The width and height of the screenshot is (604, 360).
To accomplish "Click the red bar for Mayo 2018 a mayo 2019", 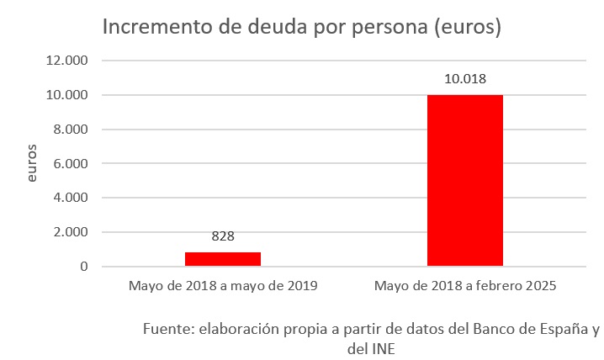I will [222, 259].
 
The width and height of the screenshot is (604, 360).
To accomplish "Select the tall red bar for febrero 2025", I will [464, 181].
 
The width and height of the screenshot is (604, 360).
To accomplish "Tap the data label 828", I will [223, 237].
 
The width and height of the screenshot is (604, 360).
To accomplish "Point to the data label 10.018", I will [465, 80].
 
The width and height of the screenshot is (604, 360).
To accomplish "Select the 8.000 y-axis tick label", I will [74, 130].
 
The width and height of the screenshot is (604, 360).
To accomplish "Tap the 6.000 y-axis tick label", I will [74, 164].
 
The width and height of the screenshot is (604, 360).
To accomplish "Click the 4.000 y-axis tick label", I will [74, 198].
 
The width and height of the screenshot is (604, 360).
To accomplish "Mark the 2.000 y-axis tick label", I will [74, 232].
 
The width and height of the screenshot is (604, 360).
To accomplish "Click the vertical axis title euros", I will [32, 164].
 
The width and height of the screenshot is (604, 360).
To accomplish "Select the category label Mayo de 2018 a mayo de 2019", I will [222, 286].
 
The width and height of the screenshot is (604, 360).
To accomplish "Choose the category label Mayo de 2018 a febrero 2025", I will [464, 286].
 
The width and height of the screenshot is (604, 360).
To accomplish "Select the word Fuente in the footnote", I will [167, 328].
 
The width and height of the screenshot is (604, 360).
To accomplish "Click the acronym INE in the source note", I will [383, 347].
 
